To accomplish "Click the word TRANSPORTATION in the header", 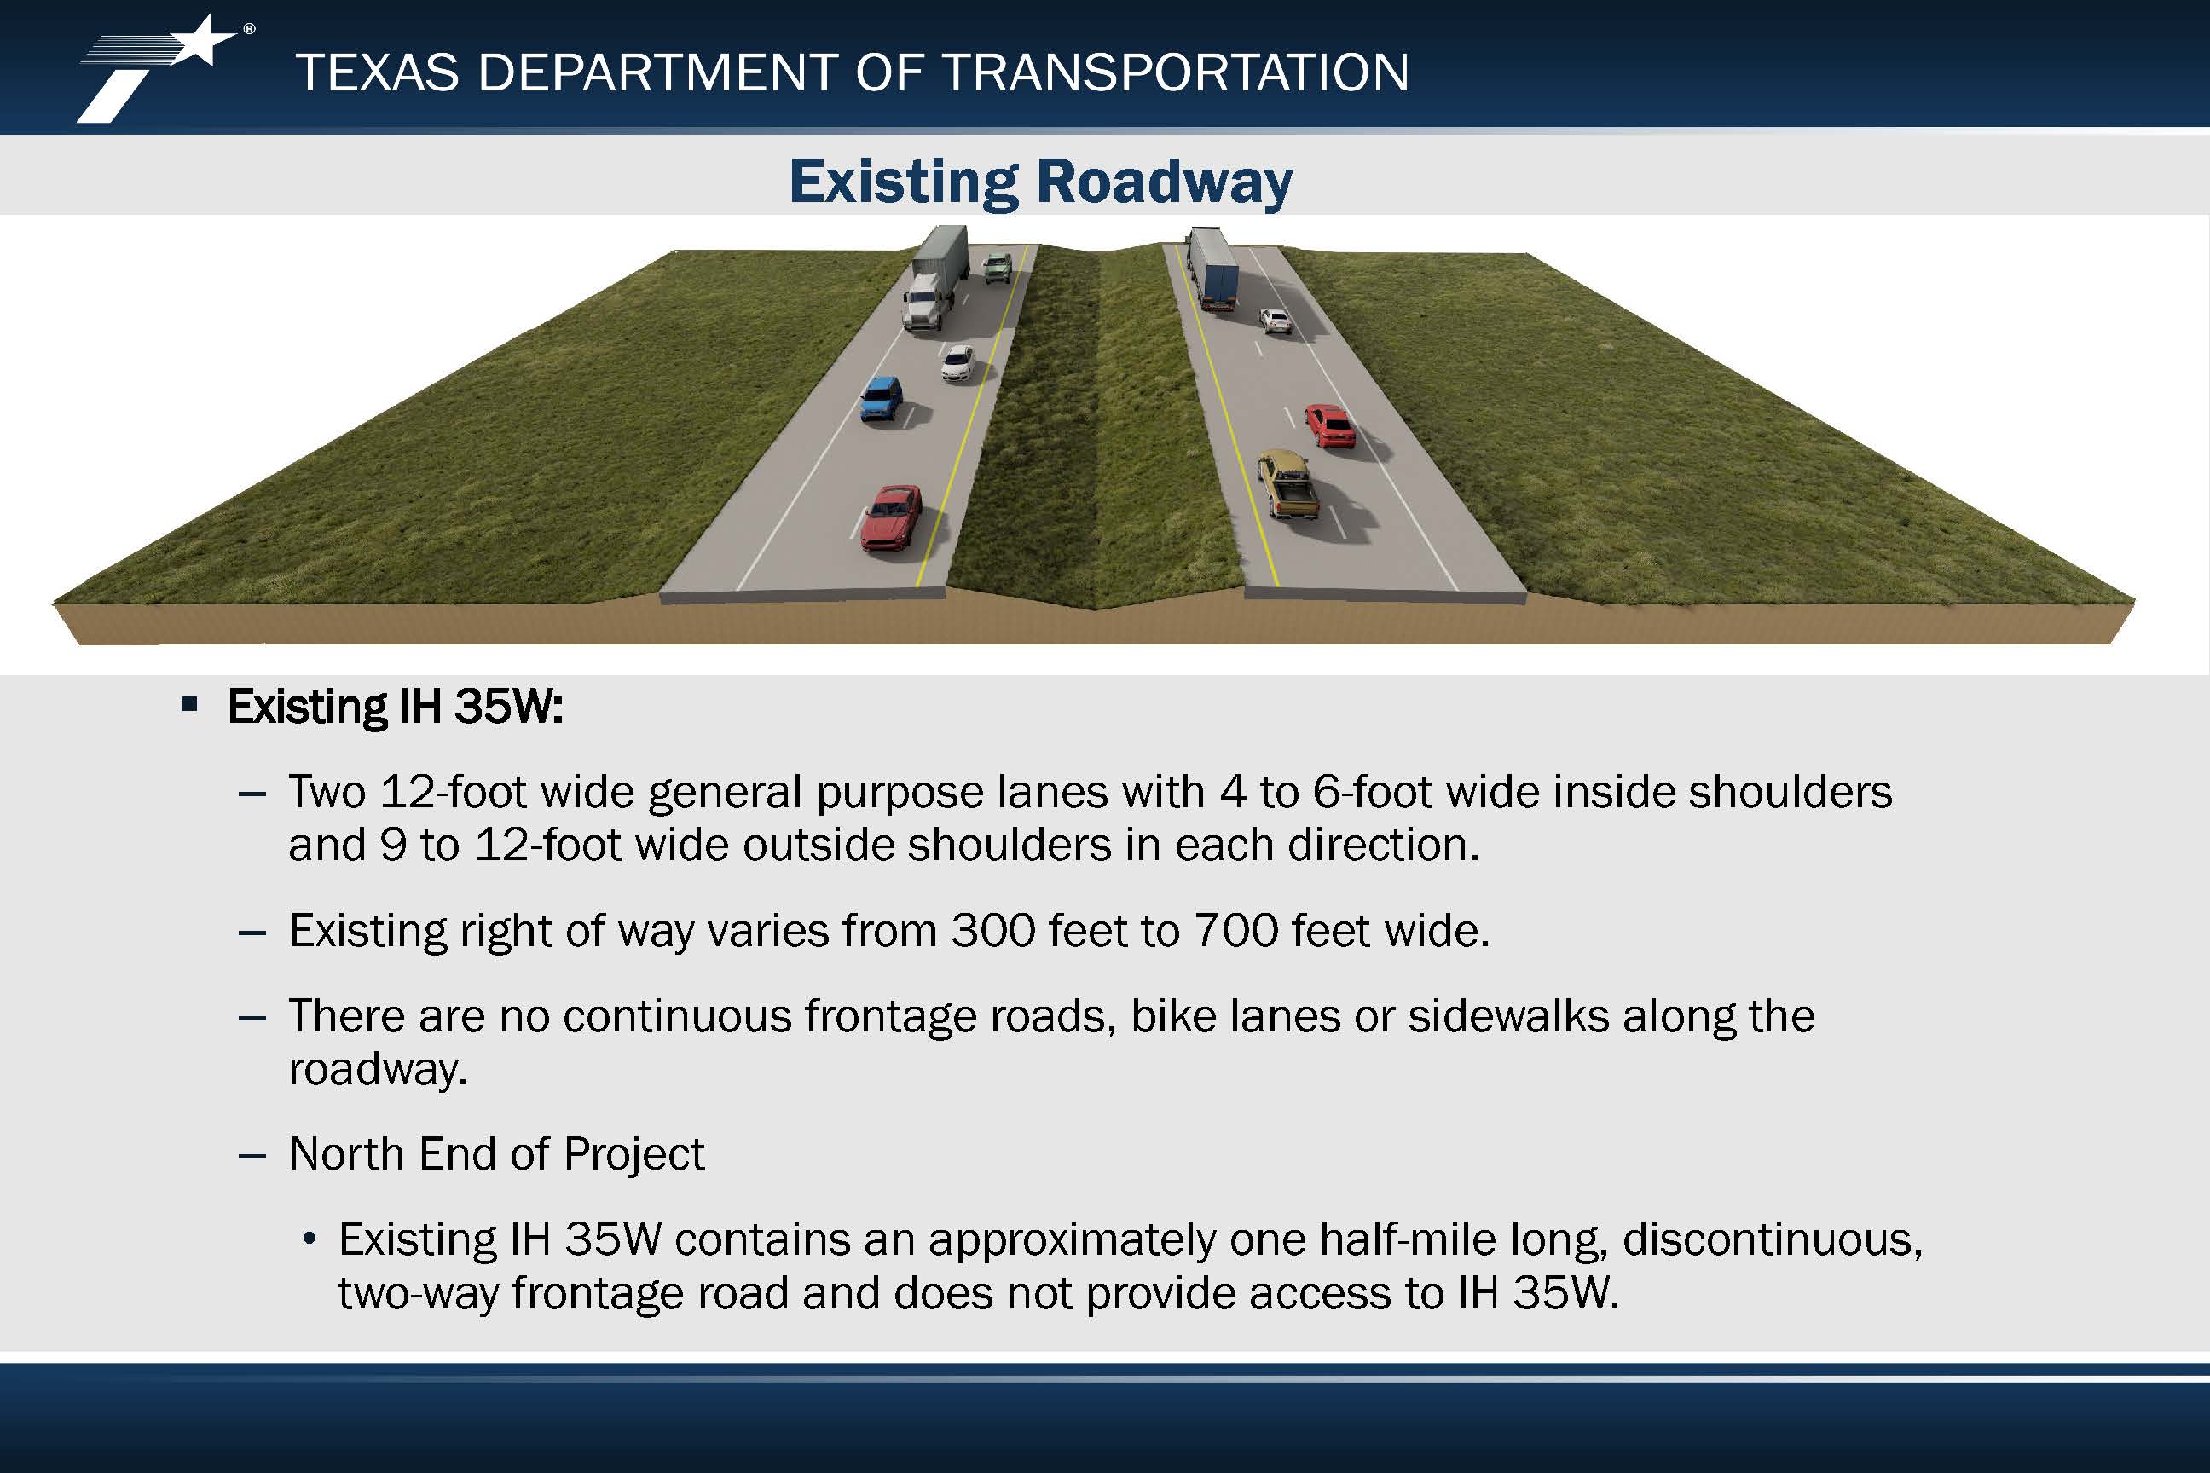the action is pos(1175,72).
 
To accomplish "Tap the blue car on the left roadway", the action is pos(881,398).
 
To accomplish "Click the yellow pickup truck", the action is pos(1287,482).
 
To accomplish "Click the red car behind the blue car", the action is pos(891,517).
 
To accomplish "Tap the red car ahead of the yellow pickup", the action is pos(1328,425).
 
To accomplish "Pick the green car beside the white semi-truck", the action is pos(997,267).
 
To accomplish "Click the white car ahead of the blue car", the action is pos(957,362).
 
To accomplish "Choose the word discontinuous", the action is pos(1772,1240).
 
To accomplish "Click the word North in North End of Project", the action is pos(347,1153).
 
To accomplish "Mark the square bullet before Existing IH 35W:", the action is pos(190,703).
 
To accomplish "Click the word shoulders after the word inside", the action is pos(1790,792).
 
